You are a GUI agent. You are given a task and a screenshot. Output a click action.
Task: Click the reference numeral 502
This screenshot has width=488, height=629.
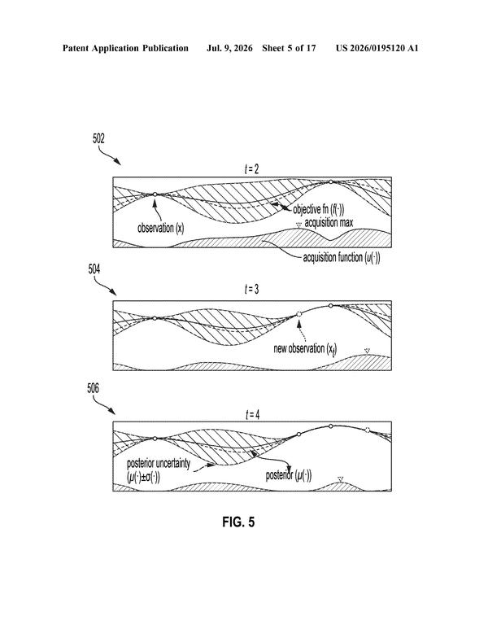pos(98,139)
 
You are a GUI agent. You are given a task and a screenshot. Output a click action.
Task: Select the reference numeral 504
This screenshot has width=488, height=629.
pos(94,269)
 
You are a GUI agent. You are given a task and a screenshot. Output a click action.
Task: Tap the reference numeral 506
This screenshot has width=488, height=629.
pos(93,388)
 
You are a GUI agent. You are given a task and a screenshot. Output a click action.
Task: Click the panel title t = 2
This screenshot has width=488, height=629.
pos(252,169)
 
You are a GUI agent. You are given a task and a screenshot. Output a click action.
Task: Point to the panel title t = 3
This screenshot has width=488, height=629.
pos(252,289)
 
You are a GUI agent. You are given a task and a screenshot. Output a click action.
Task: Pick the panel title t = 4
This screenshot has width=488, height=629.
pos(252,415)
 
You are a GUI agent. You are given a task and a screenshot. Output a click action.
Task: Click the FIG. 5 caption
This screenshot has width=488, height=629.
pos(238,522)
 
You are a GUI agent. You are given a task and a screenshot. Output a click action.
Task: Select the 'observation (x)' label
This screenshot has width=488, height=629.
pos(161,229)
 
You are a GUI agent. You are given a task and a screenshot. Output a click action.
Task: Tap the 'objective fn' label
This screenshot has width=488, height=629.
pos(319,209)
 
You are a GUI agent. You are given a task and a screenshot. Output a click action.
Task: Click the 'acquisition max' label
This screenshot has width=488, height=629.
pos(329,222)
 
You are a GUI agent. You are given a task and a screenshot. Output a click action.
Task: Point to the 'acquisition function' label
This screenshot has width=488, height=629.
pos(342,257)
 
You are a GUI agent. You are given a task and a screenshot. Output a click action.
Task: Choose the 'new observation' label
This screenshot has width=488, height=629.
pos(305,348)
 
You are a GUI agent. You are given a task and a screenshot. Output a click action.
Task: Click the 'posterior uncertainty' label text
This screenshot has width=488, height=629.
pos(159,470)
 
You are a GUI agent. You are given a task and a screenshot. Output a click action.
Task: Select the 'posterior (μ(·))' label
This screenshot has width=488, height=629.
pos(289,476)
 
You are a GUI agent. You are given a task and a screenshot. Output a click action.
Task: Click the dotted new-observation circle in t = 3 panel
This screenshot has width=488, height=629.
pos(298,314)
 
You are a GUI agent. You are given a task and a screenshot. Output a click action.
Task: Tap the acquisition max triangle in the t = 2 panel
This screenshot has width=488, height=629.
pos(298,225)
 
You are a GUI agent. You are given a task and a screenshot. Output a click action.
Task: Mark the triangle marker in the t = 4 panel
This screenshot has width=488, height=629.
pos(341,479)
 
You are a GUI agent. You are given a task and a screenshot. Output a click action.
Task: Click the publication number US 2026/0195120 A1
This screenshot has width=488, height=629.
pos(377,48)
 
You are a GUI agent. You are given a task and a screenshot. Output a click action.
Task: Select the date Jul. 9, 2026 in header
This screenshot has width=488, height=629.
pos(229,48)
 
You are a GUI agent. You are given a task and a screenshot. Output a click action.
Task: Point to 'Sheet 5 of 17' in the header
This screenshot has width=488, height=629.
pos(289,48)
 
